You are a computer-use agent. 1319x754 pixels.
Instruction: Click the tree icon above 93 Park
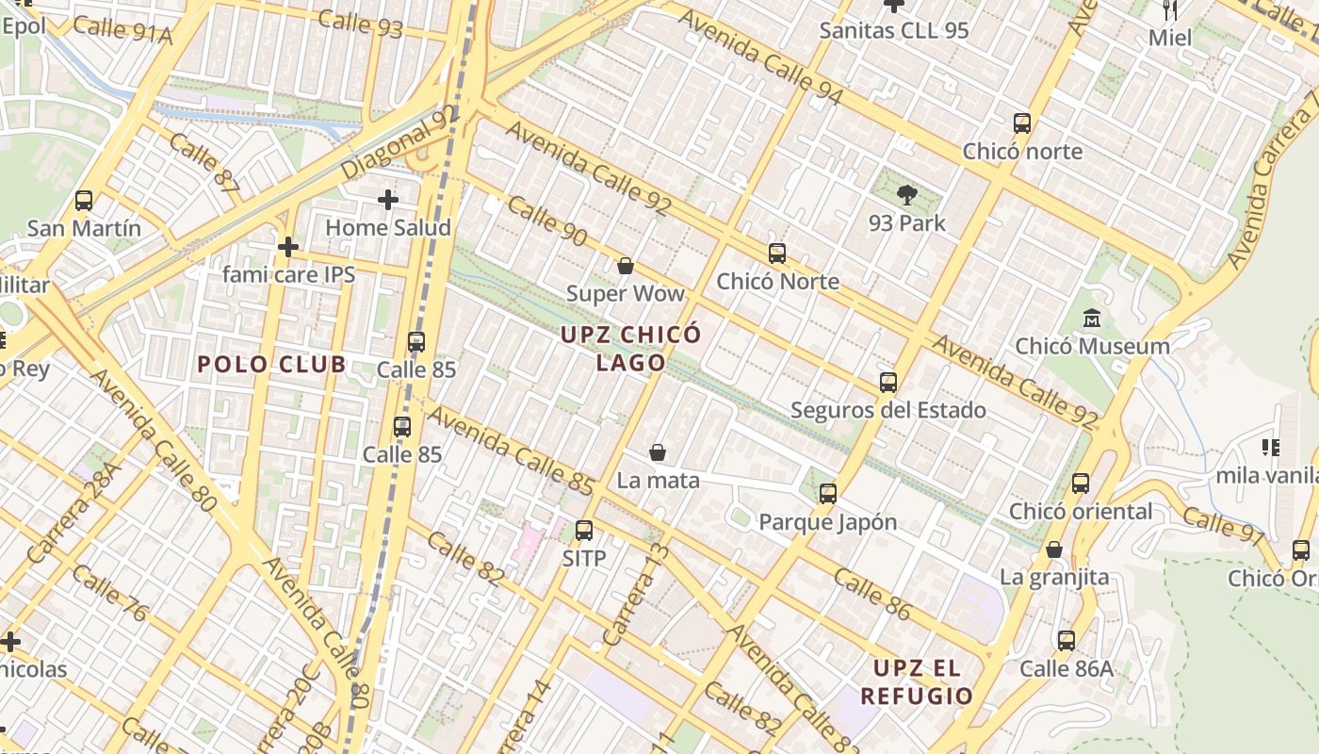(x=907, y=195)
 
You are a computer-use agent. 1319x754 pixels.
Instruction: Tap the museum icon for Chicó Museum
(x=1092, y=318)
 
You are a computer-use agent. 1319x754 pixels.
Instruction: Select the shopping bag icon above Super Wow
(x=625, y=266)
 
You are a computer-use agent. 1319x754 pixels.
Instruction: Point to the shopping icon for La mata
(x=658, y=452)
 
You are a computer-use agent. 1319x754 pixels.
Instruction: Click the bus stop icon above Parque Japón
(x=828, y=493)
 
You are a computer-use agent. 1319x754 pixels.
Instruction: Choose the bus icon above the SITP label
(x=584, y=530)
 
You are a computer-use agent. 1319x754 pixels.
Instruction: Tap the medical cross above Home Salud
(x=387, y=200)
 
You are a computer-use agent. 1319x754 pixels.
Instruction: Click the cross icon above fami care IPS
(x=288, y=247)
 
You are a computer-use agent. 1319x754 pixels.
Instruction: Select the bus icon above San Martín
(x=84, y=200)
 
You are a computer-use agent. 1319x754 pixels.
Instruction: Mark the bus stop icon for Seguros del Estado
(x=887, y=382)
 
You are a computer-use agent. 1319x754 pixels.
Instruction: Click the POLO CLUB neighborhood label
(x=271, y=365)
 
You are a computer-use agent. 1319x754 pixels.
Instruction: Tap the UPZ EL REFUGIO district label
(x=916, y=682)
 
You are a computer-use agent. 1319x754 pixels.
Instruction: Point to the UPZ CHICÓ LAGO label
(x=631, y=348)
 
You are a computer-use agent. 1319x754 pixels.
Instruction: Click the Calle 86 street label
(x=872, y=594)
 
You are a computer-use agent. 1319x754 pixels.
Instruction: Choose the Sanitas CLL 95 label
(x=893, y=30)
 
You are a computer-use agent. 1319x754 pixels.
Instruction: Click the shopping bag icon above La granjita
(x=1054, y=549)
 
